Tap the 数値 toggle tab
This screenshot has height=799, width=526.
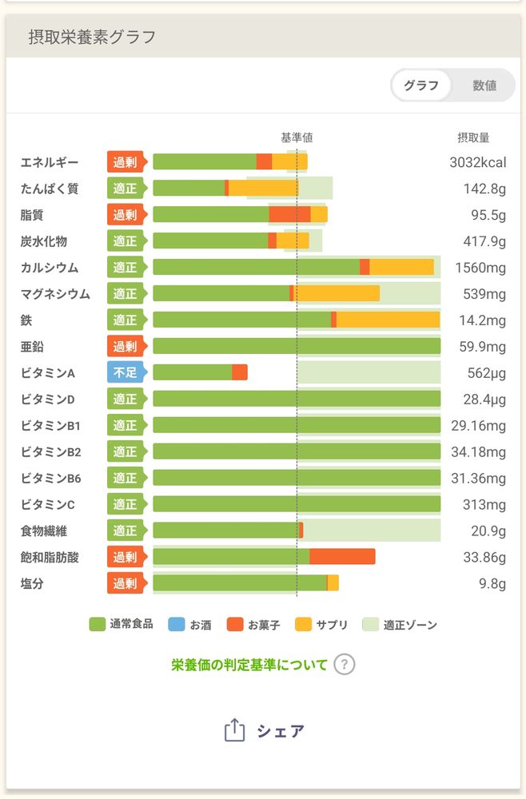pos(484,85)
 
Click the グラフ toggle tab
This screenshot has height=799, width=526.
pos(421,85)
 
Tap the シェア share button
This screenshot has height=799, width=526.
pos(265,730)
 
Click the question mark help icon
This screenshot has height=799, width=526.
pos(344,664)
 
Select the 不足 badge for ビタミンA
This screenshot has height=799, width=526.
pos(125,372)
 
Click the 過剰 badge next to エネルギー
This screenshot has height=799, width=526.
pos(125,162)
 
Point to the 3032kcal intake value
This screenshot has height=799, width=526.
pos(477,162)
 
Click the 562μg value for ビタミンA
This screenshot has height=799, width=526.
pos(486,372)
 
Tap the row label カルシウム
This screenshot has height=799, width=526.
pos(50,268)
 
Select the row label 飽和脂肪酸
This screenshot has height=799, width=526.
pos(50,557)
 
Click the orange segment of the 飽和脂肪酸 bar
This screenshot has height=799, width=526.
pos(342,557)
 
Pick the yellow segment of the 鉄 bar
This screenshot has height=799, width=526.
pos(388,320)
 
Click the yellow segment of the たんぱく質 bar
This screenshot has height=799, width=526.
pos(263,189)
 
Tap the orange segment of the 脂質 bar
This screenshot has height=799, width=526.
pos(289,215)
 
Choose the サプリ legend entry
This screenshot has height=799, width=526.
pos(322,625)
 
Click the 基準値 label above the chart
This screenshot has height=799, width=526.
pos(297,137)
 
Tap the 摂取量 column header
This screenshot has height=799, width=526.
pos(473,137)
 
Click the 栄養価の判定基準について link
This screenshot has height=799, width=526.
pos(249,664)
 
